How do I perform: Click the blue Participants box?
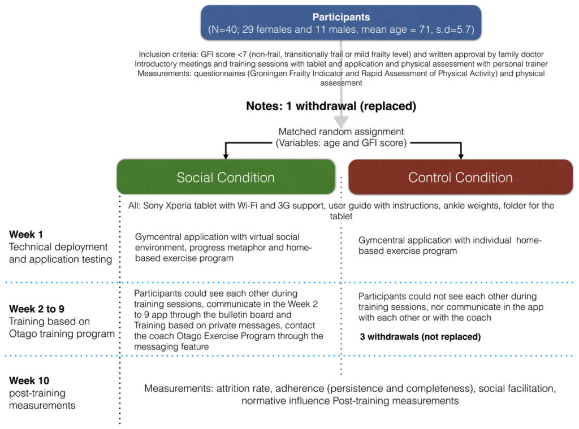(341, 23)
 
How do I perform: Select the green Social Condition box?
(226, 177)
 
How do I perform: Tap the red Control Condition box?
(460, 177)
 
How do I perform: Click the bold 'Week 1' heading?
(26, 235)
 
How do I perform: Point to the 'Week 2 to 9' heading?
(37, 309)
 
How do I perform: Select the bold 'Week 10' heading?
(29, 380)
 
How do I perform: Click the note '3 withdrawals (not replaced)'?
(420, 337)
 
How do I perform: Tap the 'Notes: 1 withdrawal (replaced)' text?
(331, 106)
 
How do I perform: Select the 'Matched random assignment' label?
(341, 132)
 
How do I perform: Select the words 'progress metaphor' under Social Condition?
(230, 248)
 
